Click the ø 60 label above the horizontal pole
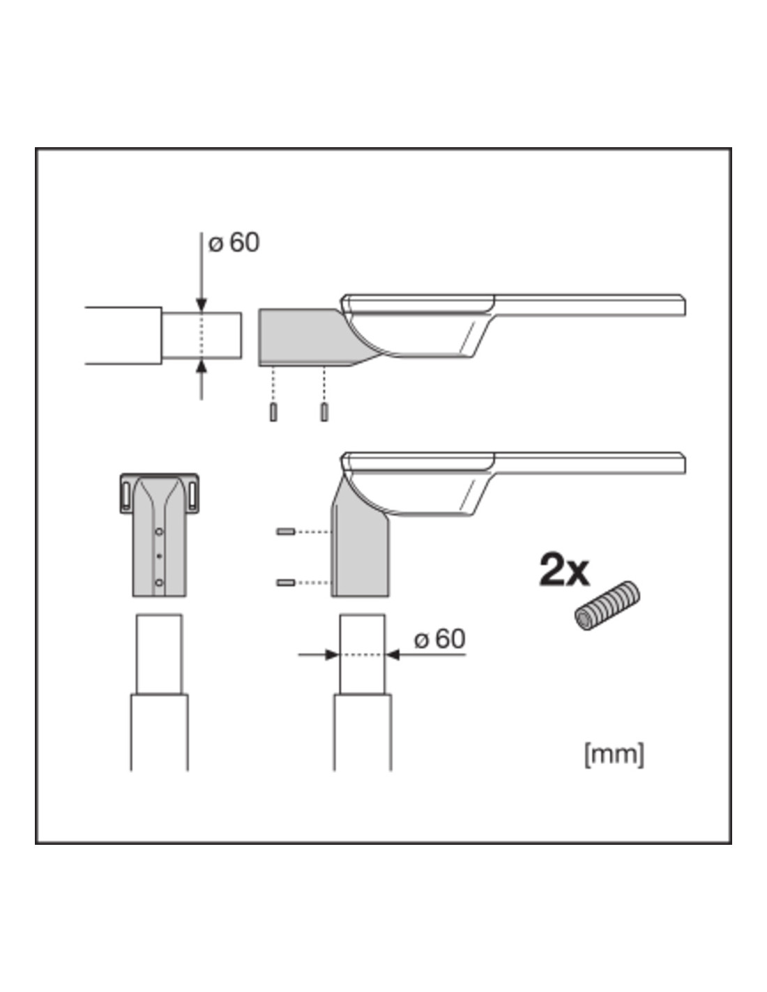(234, 242)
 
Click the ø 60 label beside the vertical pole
(439, 638)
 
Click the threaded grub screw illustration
(607, 606)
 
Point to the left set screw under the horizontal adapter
(273, 412)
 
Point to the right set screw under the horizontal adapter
(324, 412)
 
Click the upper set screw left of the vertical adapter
(286, 532)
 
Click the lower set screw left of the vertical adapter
(286, 583)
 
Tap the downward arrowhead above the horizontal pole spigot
(202, 304)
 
